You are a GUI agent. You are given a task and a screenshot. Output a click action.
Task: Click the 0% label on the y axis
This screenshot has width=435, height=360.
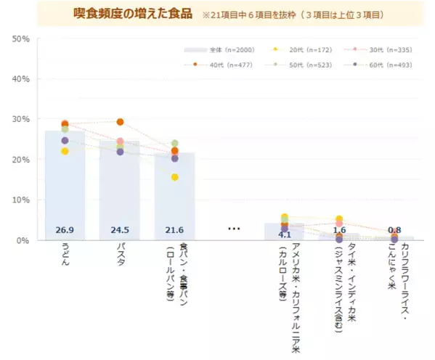(23, 240)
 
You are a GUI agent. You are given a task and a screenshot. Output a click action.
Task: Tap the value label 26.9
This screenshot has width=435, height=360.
(65, 230)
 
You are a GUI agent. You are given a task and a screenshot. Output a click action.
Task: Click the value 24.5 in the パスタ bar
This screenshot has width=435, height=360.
(120, 230)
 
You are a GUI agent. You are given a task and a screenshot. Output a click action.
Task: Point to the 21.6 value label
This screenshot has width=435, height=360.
(174, 230)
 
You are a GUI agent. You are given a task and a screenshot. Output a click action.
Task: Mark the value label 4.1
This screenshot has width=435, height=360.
(285, 234)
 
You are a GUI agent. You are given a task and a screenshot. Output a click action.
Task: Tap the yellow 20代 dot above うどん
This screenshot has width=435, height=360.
(65, 151)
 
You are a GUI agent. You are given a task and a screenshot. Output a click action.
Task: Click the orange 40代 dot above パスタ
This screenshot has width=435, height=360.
(120, 122)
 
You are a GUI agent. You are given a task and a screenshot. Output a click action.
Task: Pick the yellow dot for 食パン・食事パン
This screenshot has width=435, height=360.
(174, 177)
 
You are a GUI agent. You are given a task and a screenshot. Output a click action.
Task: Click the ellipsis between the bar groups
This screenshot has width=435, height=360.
(234, 229)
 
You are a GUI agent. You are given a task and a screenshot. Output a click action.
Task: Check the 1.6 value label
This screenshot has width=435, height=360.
(339, 230)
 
